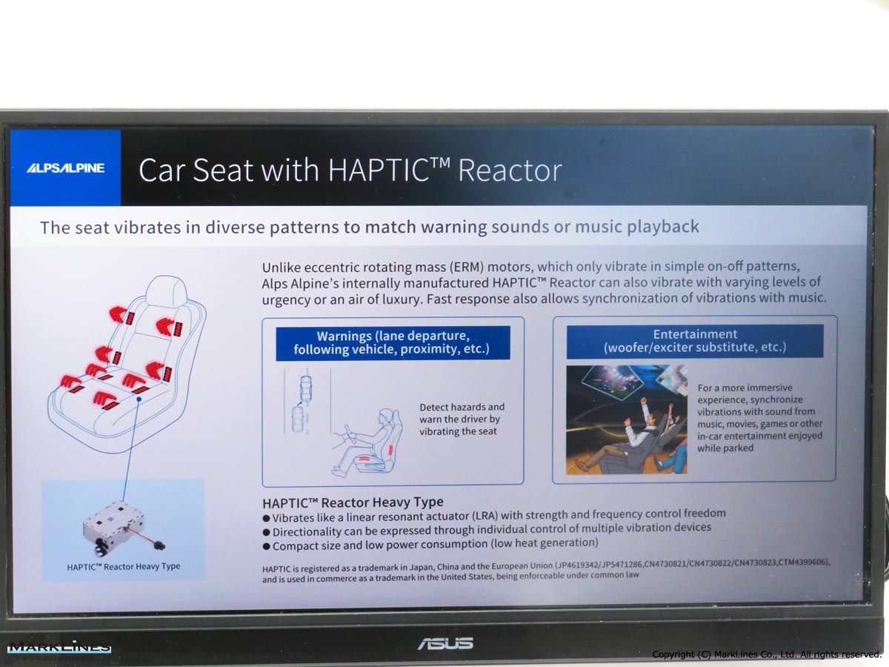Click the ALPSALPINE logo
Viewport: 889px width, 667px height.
click(x=65, y=167)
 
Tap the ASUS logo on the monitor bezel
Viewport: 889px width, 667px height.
click(x=445, y=643)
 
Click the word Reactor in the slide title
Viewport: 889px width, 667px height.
click(x=510, y=170)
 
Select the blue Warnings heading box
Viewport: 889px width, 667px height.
click(x=393, y=343)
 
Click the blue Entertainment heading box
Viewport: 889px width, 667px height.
click(x=695, y=341)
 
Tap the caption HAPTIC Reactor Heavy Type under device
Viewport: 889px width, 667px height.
click(x=124, y=566)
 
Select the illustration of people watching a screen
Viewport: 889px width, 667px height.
click(x=627, y=419)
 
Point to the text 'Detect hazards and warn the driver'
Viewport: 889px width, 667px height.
click(x=462, y=413)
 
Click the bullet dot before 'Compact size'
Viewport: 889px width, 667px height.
click(x=266, y=546)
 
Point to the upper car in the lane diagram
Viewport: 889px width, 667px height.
click(x=306, y=388)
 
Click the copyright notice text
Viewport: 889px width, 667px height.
click(x=766, y=654)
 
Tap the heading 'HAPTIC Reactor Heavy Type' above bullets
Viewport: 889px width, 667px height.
click(x=353, y=502)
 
